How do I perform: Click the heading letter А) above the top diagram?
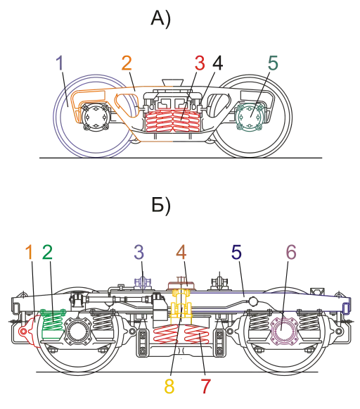[161, 19]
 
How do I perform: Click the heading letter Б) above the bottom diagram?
[161, 205]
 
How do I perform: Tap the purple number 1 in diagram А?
[60, 63]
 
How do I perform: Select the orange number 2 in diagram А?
[127, 63]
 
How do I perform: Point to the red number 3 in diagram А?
[200, 63]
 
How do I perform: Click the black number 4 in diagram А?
[217, 63]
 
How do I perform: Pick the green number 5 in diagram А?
[273, 63]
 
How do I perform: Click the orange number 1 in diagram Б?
[30, 252]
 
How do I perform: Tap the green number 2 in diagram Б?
[47, 252]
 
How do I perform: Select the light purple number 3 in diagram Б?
[139, 252]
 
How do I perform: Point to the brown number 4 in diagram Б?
[181, 252]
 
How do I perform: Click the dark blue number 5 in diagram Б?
[236, 252]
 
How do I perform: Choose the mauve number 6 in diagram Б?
[291, 252]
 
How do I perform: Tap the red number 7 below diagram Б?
[205, 386]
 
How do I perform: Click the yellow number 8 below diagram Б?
[169, 386]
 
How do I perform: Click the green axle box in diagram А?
[250, 116]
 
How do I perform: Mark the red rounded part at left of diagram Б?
[28, 331]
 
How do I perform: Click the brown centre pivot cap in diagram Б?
[181, 285]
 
